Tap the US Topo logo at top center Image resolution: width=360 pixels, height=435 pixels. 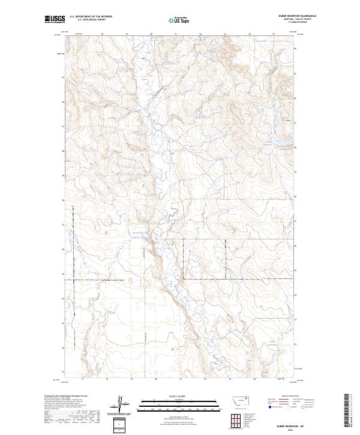[x=180, y=20]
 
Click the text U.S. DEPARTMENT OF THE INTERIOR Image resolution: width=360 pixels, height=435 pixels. [x=91, y=17]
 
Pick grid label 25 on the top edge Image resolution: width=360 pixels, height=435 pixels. [x=273, y=34]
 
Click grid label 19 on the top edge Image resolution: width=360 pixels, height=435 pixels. [x=127, y=34]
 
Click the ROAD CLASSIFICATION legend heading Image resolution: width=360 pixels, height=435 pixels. [x=289, y=397]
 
